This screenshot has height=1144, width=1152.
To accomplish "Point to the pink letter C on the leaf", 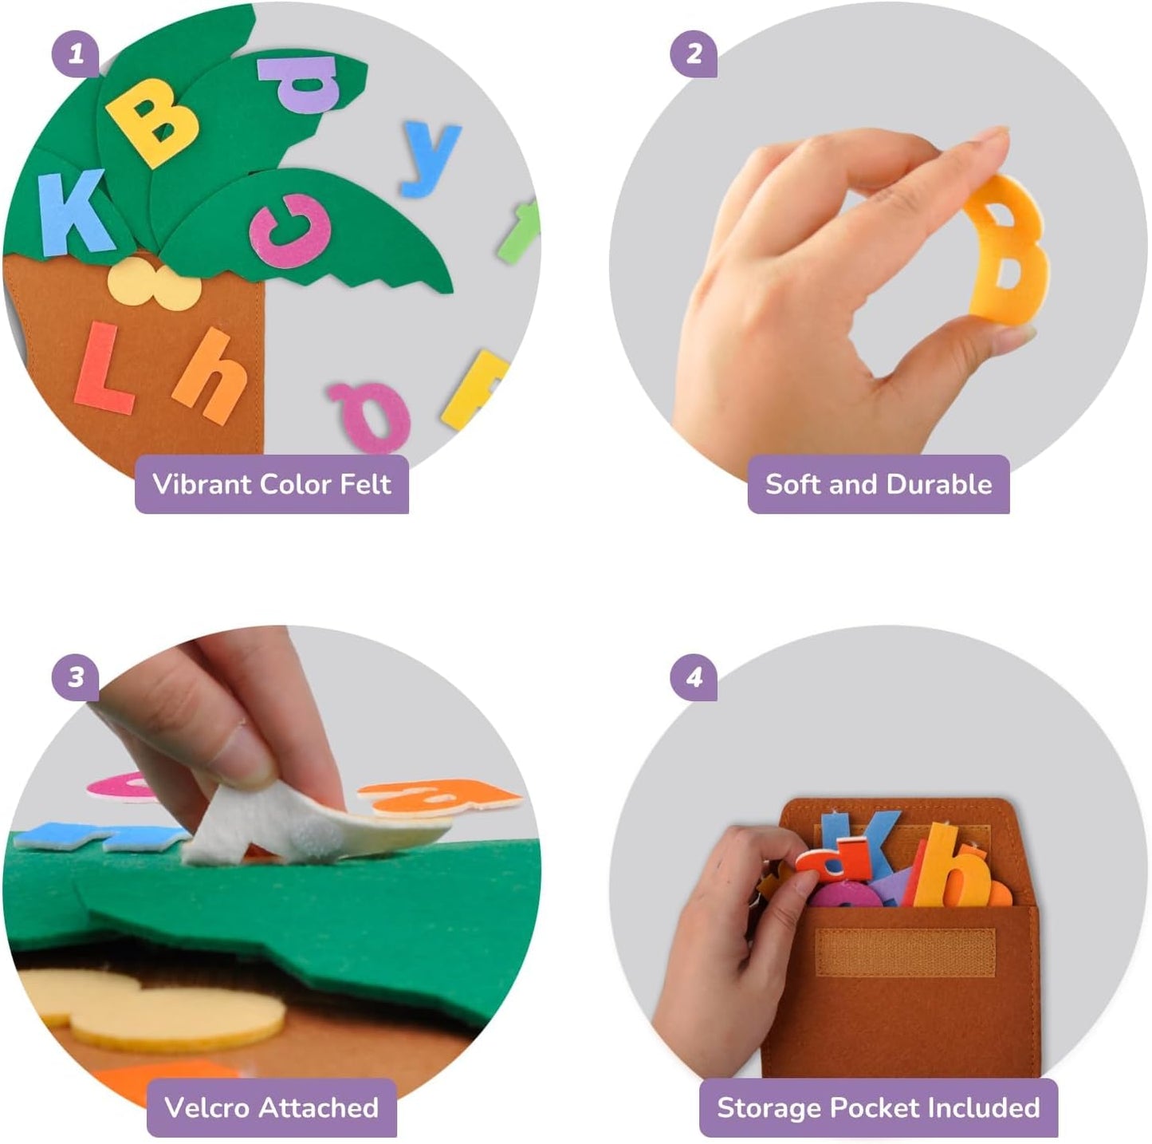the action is [291, 231].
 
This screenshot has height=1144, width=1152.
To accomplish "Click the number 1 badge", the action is [76, 54].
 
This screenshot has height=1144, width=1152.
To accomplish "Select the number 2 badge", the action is [694, 54].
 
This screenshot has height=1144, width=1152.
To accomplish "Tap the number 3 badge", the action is [76, 677].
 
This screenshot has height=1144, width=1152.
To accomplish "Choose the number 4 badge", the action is [694, 677].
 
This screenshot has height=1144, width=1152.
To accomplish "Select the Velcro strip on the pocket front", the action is [905, 953].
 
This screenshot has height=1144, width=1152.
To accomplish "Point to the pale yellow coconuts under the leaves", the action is [154, 286].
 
